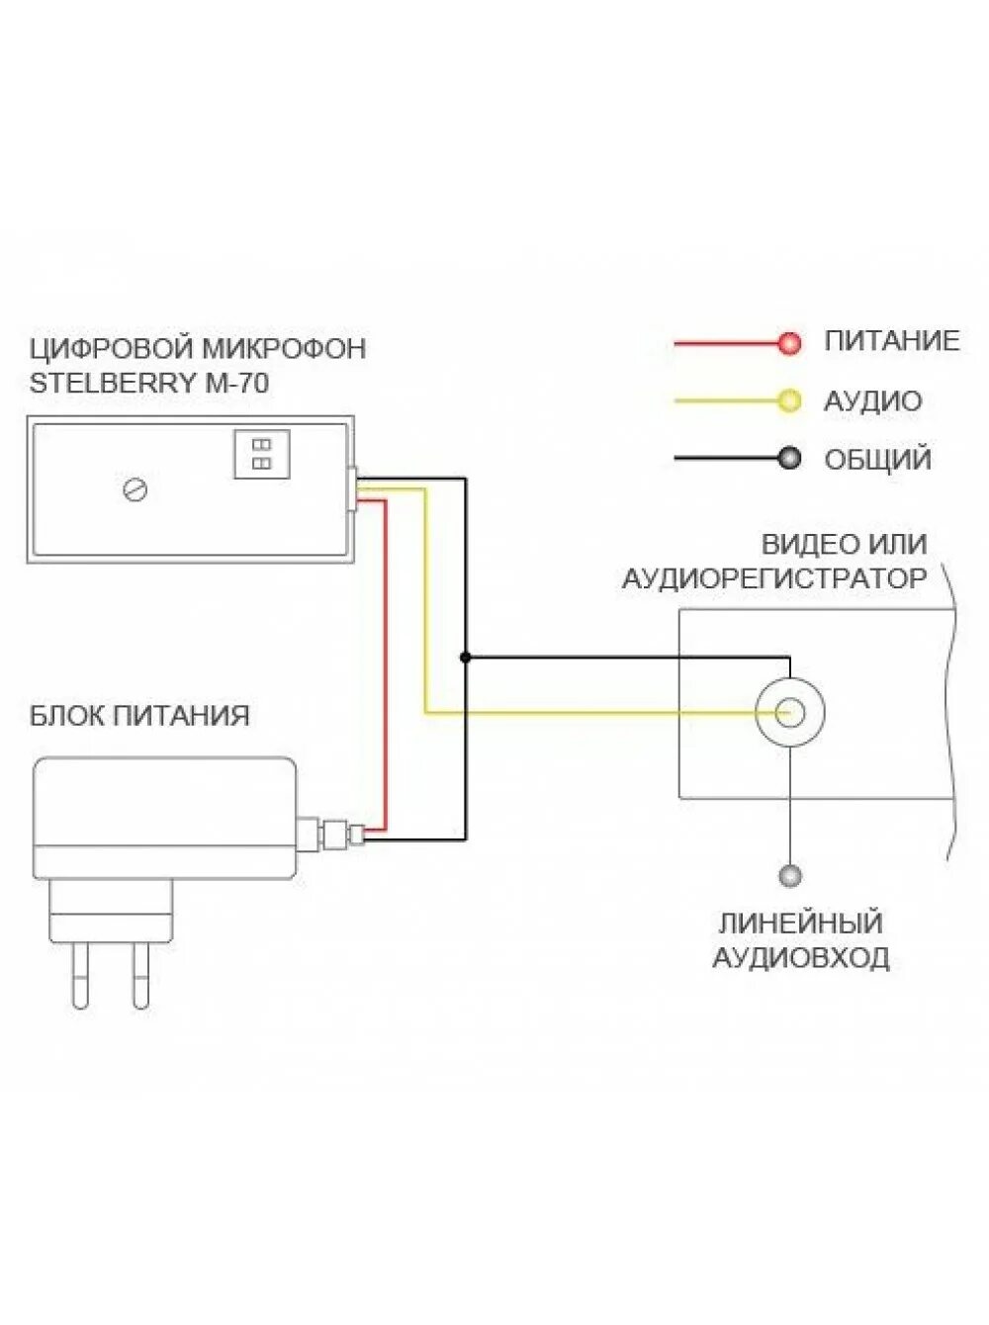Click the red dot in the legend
[789, 343]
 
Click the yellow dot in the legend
[789, 400]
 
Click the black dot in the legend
[789, 458]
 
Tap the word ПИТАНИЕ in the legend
[892, 341]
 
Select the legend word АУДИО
[872, 400]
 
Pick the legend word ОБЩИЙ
[878, 459]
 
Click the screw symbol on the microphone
[135, 488]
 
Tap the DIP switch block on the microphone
[261, 454]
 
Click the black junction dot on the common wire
[465, 657]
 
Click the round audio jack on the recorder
[789, 712]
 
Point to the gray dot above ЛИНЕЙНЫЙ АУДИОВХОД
[789, 875]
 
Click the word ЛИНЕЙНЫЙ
[800, 924]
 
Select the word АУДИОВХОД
[801, 957]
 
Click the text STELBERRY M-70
[149, 383]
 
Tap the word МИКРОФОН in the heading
[284, 348]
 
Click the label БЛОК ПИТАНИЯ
[139, 715]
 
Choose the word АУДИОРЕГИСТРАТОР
[774, 578]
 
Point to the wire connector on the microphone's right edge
[351, 487]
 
